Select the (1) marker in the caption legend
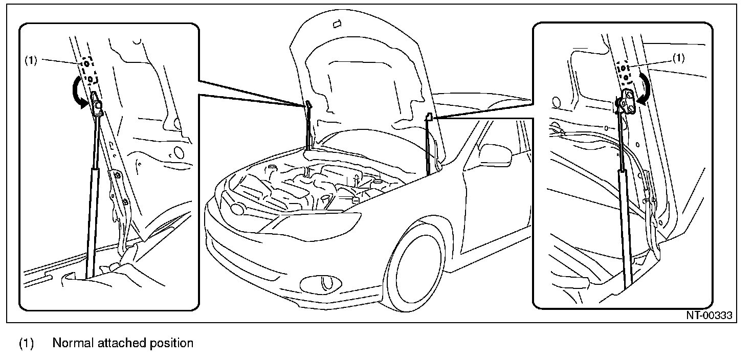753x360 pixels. click(27, 343)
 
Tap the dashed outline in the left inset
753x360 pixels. click(88, 70)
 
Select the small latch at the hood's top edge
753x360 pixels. click(336, 24)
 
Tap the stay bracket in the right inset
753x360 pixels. click(627, 99)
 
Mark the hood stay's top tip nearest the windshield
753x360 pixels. click(430, 117)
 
